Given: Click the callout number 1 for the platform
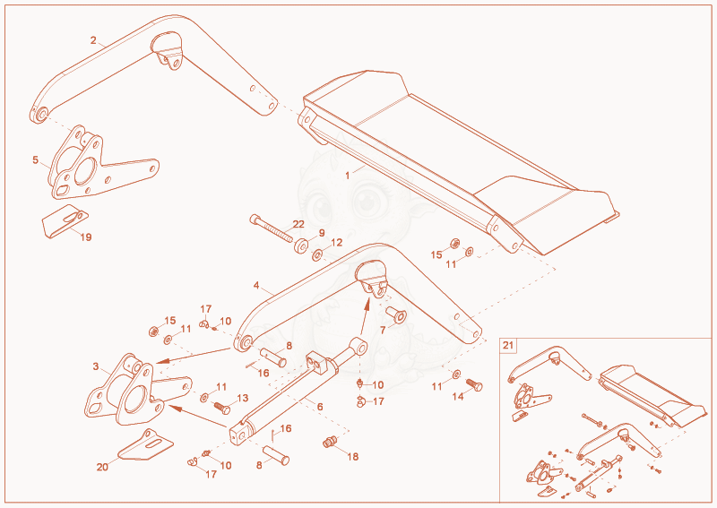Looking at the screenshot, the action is pyautogui.click(x=348, y=176).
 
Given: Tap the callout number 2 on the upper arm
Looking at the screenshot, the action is pyautogui.click(x=93, y=40).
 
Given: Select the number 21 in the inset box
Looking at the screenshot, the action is pyautogui.click(x=508, y=345).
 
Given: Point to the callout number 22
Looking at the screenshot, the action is pyautogui.click(x=298, y=224).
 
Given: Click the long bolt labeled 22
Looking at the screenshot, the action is pyautogui.click(x=272, y=228).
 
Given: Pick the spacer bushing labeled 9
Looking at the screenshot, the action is pyautogui.click(x=301, y=245).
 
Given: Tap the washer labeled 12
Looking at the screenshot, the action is pyautogui.click(x=316, y=254).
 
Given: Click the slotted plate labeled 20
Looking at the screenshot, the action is pyautogui.click(x=145, y=444).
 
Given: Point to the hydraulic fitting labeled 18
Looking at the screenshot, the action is pyautogui.click(x=330, y=442).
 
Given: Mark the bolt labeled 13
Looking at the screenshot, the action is pyautogui.click(x=221, y=407).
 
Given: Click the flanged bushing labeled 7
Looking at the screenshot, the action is pyautogui.click(x=396, y=314).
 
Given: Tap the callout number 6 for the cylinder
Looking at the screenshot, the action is pyautogui.click(x=320, y=407).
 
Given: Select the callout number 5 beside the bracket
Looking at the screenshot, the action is pyautogui.click(x=35, y=159).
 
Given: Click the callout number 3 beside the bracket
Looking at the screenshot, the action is pyautogui.click(x=96, y=366).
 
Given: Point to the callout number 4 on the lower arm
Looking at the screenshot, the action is pyautogui.click(x=256, y=285).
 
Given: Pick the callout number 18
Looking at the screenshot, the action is pyautogui.click(x=352, y=456).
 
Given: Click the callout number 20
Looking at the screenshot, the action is pyautogui.click(x=102, y=467).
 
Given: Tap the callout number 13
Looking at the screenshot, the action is pyautogui.click(x=242, y=398).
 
